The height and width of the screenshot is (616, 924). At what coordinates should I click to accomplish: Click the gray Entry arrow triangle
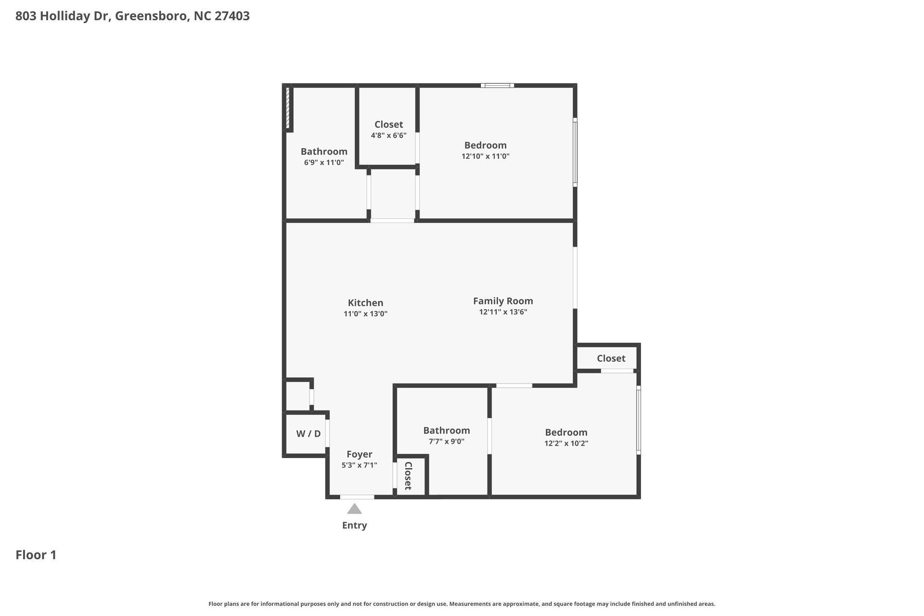[x=354, y=509]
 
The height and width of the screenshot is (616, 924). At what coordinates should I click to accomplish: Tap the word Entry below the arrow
[x=354, y=526]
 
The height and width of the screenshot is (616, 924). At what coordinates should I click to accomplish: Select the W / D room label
[x=308, y=434]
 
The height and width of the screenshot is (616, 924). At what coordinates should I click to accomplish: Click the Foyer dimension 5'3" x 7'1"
[x=359, y=465]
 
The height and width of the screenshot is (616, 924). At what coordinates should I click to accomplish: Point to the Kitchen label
[x=365, y=303]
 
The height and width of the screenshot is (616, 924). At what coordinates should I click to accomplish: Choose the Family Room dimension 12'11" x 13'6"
[x=503, y=312]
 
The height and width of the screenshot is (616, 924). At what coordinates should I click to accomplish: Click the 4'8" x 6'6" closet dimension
[x=388, y=136]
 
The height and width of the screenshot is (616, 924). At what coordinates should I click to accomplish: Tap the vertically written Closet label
[x=408, y=476]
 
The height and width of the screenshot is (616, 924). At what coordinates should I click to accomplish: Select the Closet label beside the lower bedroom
[x=611, y=359]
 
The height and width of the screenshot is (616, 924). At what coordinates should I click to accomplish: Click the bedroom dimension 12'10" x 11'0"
[x=485, y=156]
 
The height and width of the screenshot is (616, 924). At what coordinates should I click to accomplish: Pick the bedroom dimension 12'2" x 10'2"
[x=566, y=444]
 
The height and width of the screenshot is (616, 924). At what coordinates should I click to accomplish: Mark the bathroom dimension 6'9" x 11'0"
[x=324, y=163]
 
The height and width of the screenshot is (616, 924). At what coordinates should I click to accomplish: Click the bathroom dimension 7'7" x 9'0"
[x=446, y=442]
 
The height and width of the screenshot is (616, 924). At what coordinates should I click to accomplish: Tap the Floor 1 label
[x=36, y=555]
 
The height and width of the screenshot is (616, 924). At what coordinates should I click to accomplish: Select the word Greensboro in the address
[x=151, y=16]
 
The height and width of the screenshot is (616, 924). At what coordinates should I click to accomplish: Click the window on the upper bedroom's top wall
[x=497, y=86]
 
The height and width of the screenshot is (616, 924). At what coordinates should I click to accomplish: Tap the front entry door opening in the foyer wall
[x=357, y=497]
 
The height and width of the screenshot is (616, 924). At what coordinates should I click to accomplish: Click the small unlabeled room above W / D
[x=298, y=396]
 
